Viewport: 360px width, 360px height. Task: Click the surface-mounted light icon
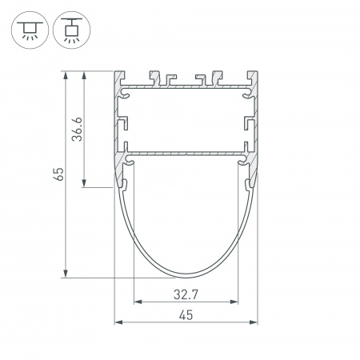coord(30,29)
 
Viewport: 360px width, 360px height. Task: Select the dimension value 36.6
coord(78,130)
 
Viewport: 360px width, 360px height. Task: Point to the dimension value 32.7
coord(186,294)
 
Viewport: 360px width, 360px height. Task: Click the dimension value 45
coord(186,315)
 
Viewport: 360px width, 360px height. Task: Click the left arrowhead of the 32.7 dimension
coord(137,303)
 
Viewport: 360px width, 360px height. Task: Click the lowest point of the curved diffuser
coord(186,277)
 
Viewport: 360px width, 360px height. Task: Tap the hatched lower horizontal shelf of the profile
coord(186,152)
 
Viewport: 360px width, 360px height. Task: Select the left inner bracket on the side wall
coord(124,124)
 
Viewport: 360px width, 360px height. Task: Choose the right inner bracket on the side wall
coord(249,124)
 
